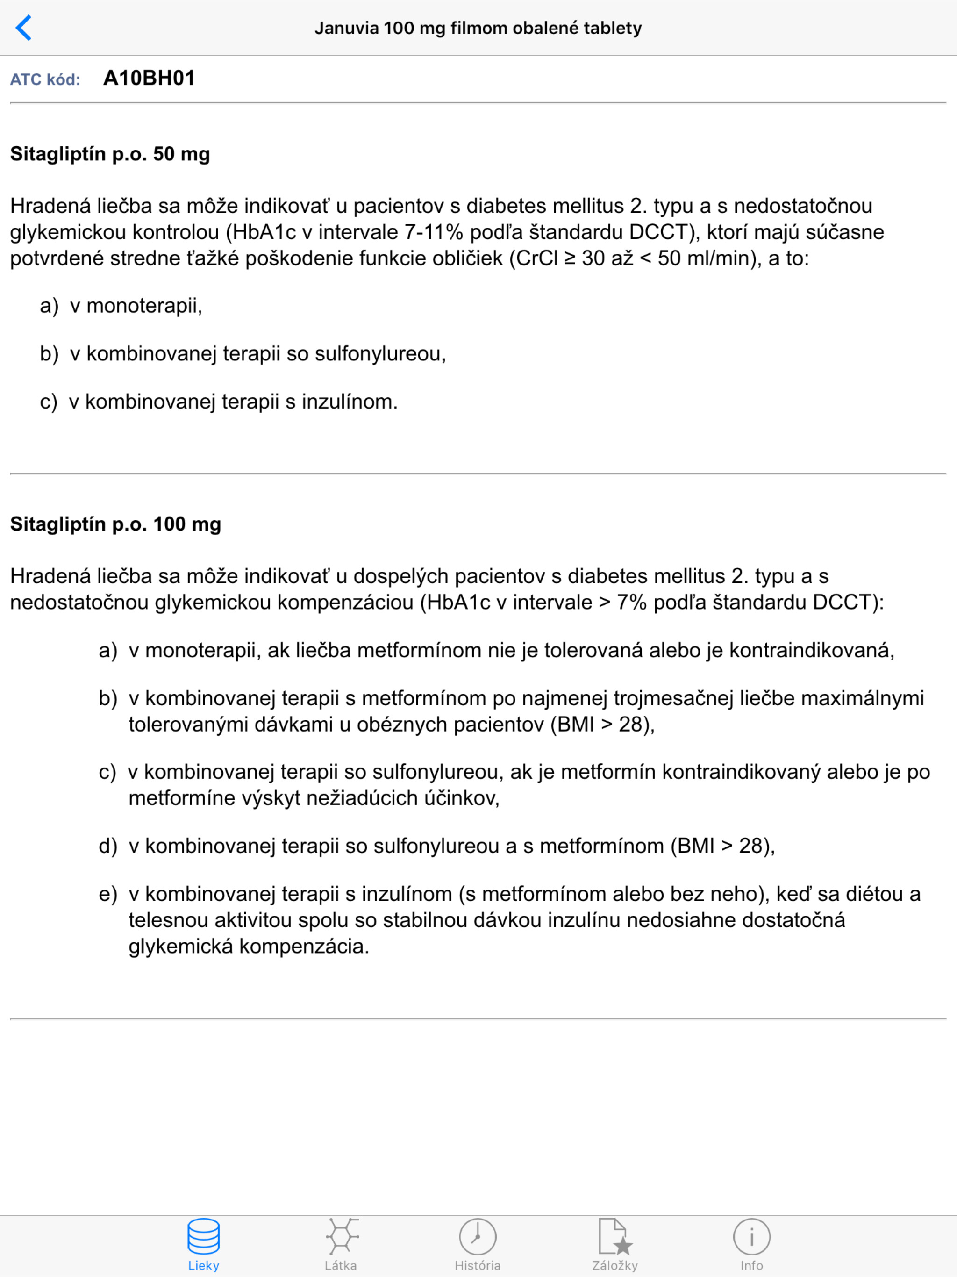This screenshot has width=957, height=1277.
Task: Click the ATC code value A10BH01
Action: [x=149, y=79]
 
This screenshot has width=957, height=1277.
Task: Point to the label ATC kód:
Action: [x=45, y=79]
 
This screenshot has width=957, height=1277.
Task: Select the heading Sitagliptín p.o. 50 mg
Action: [x=110, y=154]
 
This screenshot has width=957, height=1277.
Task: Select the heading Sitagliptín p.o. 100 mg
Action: [x=115, y=524]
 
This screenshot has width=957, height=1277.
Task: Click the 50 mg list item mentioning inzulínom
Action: [x=233, y=401]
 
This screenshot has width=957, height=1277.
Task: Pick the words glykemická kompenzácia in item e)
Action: [x=248, y=946]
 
